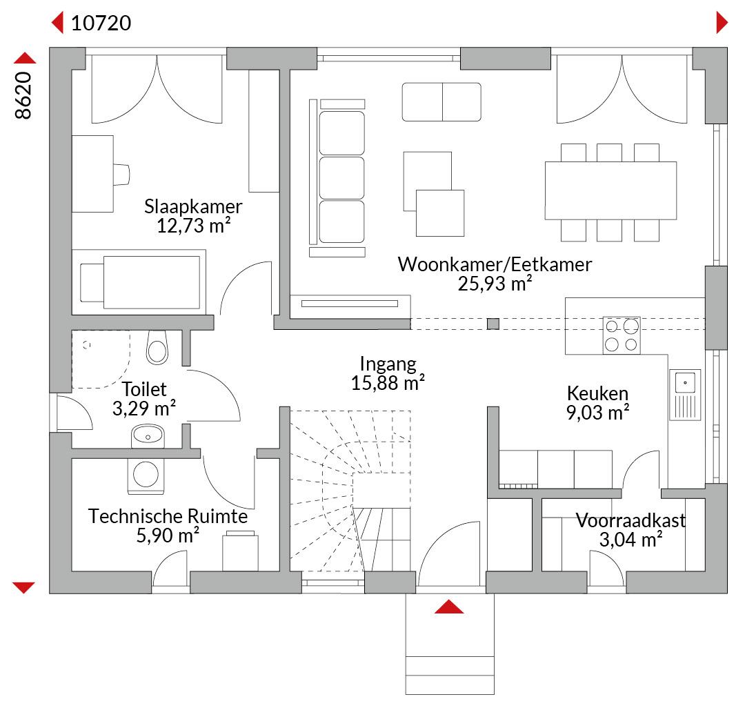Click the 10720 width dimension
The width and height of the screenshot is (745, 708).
(x=101, y=23)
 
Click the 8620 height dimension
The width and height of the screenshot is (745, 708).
(x=23, y=95)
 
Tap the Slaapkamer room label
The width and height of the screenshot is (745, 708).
(x=193, y=206)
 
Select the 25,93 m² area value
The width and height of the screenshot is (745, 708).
(x=495, y=284)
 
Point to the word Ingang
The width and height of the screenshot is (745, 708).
(x=388, y=364)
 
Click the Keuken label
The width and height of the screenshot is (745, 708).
(x=597, y=393)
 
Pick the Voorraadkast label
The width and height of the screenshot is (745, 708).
(x=630, y=520)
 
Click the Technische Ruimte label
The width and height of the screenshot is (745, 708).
(x=168, y=516)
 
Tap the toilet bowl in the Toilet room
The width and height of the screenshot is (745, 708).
(x=157, y=347)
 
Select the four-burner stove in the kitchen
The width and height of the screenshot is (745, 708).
(x=622, y=335)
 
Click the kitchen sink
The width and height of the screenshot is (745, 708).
(x=685, y=395)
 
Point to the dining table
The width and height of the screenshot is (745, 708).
(x=610, y=190)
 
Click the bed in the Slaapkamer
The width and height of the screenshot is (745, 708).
(x=139, y=282)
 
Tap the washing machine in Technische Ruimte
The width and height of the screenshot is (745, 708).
(x=146, y=476)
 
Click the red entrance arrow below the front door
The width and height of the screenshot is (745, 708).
(x=449, y=607)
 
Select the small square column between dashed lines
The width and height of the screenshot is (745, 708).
(x=493, y=324)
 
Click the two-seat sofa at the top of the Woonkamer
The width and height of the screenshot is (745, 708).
(x=441, y=102)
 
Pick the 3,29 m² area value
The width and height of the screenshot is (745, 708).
(x=144, y=408)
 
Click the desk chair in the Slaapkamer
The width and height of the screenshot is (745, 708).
(x=121, y=174)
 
